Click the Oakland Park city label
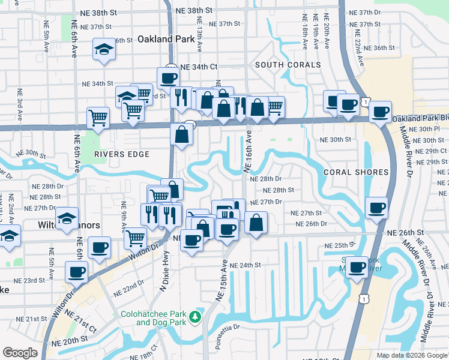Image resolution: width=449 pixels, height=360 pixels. pos(166,39)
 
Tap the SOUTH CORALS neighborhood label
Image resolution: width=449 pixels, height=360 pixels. pos(288,64)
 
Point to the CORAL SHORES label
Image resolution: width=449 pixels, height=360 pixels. pos(356,172)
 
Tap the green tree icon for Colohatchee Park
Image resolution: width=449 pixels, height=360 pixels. pos(194,317)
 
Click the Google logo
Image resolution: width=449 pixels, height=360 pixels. pos(20,353)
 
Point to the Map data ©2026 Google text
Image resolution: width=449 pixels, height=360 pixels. pos(412,355)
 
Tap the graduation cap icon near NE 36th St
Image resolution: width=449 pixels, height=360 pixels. pos(104,50)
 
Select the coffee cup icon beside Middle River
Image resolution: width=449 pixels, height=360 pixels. pos(357,267)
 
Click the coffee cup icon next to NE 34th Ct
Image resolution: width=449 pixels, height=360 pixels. pos(168,77)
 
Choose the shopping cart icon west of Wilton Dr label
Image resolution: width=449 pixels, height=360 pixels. pos(135,238)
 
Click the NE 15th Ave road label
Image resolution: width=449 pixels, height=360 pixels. pos(220,282)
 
